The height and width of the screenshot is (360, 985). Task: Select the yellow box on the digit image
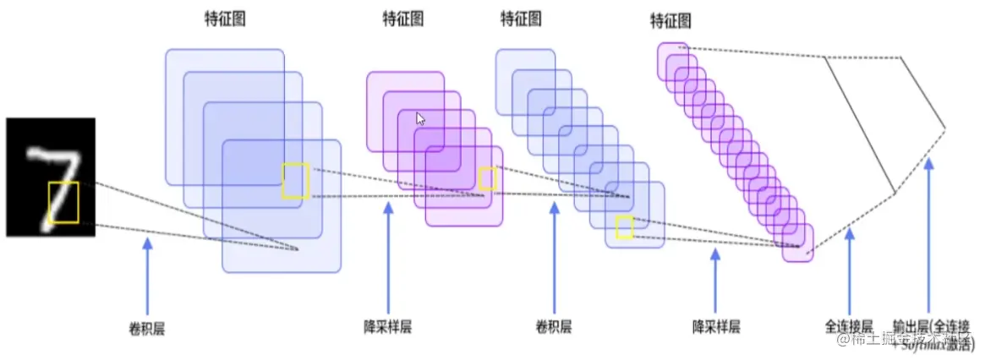[63, 203]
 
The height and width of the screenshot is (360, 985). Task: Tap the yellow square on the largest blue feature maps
[295, 181]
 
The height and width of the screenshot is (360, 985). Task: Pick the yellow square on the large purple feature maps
[487, 178]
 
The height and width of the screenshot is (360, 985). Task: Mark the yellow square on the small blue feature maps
[624, 226]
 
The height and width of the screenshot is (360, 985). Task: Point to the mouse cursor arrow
[420, 118]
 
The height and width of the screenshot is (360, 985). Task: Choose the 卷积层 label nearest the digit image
[147, 326]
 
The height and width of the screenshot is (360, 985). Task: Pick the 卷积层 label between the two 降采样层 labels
[554, 326]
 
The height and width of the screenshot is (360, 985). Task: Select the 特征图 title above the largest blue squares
[225, 18]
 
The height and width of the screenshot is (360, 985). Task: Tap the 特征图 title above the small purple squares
[670, 19]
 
